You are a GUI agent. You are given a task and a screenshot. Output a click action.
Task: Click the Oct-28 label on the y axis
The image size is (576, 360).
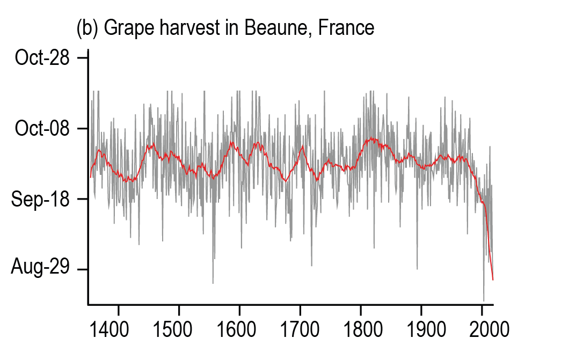[x=42, y=57]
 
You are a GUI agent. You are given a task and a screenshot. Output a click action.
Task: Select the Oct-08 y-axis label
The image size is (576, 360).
[x=42, y=129]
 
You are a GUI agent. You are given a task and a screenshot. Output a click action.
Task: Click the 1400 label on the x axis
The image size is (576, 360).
[x=118, y=328]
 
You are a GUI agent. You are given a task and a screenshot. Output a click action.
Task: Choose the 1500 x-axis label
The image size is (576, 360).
[x=178, y=328]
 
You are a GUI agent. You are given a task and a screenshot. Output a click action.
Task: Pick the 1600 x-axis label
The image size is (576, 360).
[x=239, y=328]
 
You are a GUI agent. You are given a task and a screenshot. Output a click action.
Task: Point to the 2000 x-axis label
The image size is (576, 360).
[x=482, y=328]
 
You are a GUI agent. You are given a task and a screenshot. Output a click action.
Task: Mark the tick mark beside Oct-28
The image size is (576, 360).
[x=82, y=57]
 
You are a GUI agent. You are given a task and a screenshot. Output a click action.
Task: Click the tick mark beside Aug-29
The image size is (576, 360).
[x=82, y=269]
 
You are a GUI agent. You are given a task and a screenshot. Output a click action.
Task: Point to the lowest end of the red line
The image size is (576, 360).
[x=493, y=280]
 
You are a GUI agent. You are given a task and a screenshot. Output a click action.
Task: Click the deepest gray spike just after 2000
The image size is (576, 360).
[x=484, y=301]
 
